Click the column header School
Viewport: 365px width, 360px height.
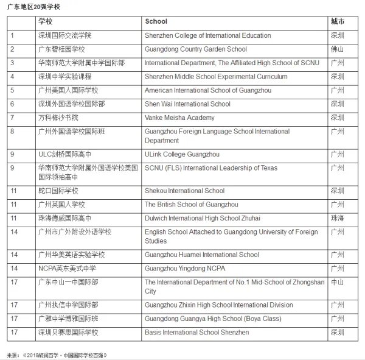156,21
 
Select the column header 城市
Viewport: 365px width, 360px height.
337,21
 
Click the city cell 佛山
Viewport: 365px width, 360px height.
337,49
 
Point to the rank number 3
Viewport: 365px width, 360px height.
12,63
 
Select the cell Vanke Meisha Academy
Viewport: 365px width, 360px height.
179,118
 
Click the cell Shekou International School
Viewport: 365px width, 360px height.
184,191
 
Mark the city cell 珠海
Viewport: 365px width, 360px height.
337,218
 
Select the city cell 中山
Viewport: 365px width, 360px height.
337,283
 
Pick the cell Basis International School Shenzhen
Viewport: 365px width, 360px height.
196,333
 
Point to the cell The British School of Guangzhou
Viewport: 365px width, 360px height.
191,205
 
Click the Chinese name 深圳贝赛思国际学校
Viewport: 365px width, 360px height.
69,333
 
